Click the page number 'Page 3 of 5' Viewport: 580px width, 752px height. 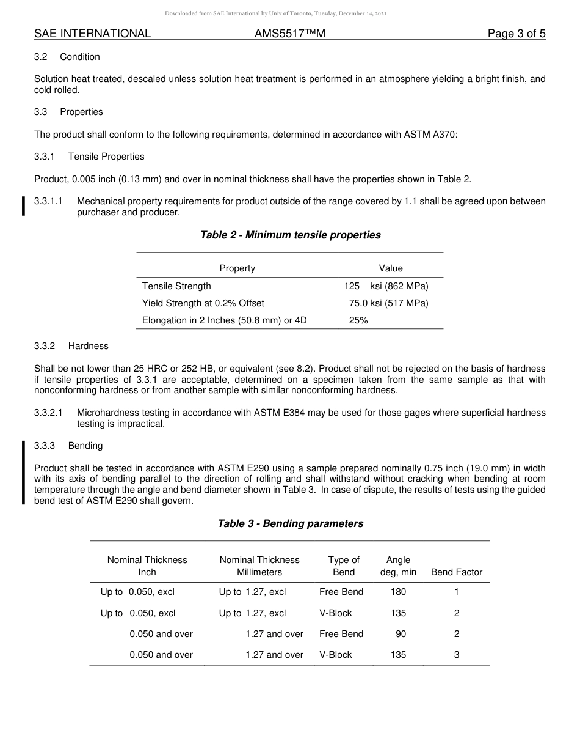point(516,34)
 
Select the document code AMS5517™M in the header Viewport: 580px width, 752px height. point(289,34)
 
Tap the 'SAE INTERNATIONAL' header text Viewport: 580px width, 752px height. point(92,34)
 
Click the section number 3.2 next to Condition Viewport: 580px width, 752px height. point(41,57)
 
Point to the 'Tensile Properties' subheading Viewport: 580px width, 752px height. point(106,157)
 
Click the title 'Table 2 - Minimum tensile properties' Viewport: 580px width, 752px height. point(290,235)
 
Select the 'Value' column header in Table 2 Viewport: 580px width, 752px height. point(391,268)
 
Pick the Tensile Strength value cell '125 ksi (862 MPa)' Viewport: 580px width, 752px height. point(386,286)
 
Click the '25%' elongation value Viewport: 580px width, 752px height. point(358,320)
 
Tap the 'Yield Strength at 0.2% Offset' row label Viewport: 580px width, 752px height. point(203,303)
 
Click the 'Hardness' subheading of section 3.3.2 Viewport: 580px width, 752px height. point(88,346)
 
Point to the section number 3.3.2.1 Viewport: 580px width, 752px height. point(48,413)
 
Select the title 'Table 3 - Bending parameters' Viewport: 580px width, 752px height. point(290,523)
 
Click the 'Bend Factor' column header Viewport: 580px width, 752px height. point(457,572)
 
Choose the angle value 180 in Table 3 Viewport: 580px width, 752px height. point(398,592)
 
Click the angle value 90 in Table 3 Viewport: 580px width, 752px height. point(401,634)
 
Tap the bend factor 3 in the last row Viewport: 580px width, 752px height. point(457,655)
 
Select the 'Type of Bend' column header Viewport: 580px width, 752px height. point(344,566)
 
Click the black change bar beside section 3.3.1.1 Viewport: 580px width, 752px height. point(24,206)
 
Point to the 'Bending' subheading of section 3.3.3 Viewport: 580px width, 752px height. point(85,446)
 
